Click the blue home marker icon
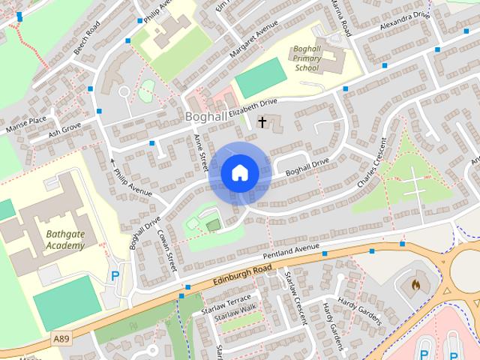(239, 173)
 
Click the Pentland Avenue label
(291, 250)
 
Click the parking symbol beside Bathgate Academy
(115, 276)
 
